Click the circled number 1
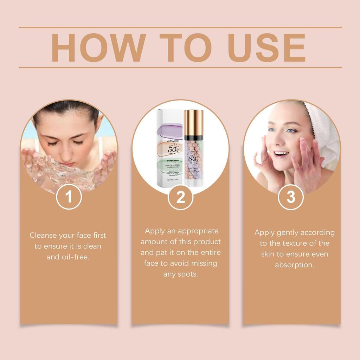[69, 197]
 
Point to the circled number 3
[291, 197]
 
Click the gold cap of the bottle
[193, 123]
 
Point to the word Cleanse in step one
[43, 235]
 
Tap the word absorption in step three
[295, 265]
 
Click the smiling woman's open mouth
[281, 154]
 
